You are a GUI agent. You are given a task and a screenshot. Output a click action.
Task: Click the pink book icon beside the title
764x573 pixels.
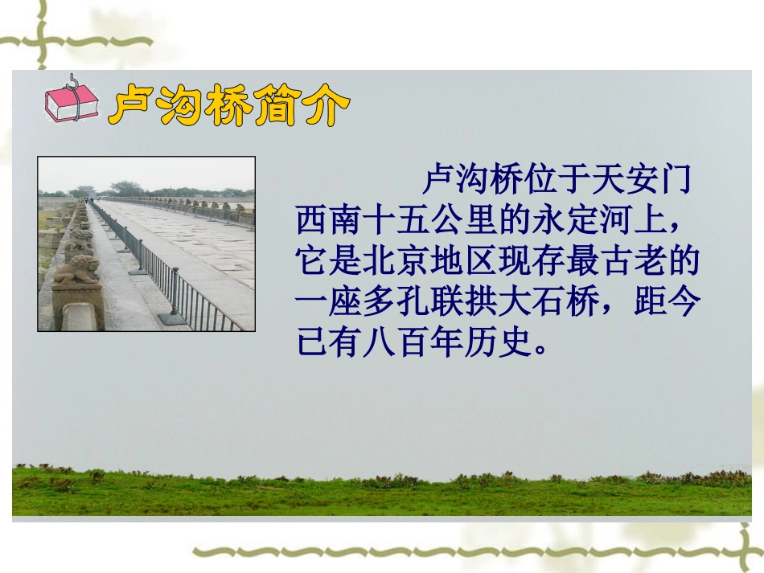71,102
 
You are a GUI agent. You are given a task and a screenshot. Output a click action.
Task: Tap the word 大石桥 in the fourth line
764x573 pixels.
541,303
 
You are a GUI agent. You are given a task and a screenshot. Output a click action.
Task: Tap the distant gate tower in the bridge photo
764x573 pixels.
86,190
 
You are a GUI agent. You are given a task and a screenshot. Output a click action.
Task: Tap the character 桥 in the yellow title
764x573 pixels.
231,106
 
